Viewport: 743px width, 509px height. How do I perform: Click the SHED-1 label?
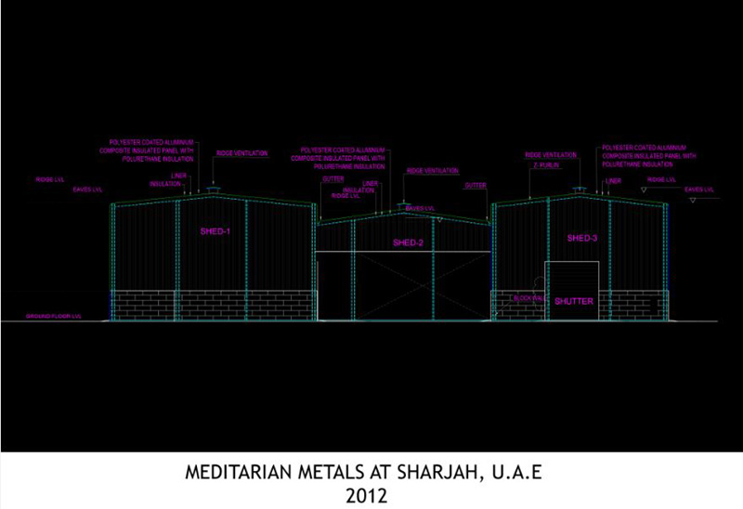[215, 230]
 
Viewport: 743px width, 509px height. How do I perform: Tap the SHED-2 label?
[408, 242]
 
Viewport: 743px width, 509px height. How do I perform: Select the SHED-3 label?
[580, 239]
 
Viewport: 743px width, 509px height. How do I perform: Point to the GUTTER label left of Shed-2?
[333, 177]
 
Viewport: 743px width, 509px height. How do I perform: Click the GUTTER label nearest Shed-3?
[476, 186]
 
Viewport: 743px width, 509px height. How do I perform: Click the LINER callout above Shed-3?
[613, 181]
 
